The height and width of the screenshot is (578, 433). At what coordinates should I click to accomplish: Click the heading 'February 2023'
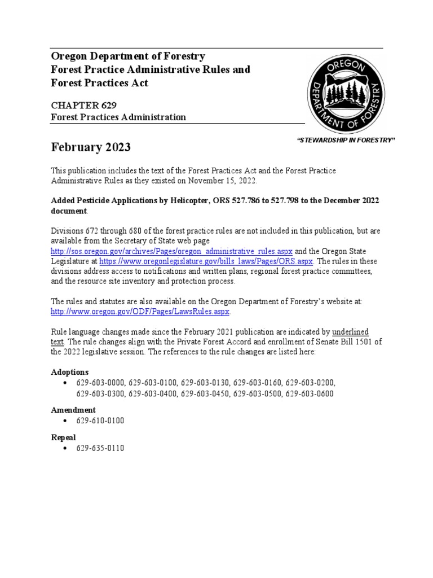point(91,147)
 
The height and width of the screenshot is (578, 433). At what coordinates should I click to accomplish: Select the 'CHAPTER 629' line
point(84,105)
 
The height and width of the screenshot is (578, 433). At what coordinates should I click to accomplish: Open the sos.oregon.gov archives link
point(171,251)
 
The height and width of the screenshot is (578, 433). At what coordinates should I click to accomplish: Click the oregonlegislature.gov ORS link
point(206,261)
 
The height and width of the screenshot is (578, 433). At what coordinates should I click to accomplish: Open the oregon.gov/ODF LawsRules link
point(140,312)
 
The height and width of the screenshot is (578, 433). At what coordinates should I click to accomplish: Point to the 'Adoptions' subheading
point(70,373)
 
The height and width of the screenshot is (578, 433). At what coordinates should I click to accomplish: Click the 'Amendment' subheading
point(73,410)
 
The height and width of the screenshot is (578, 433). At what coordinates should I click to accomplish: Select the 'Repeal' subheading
point(63,437)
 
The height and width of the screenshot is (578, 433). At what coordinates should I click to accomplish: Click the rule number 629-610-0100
point(100,421)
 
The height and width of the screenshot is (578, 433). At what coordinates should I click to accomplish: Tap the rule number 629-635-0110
point(100,448)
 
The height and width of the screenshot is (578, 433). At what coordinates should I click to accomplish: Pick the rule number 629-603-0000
point(100,383)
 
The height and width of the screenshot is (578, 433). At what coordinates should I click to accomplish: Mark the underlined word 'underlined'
point(350,331)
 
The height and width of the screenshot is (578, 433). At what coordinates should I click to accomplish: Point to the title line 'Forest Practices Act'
point(100,82)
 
